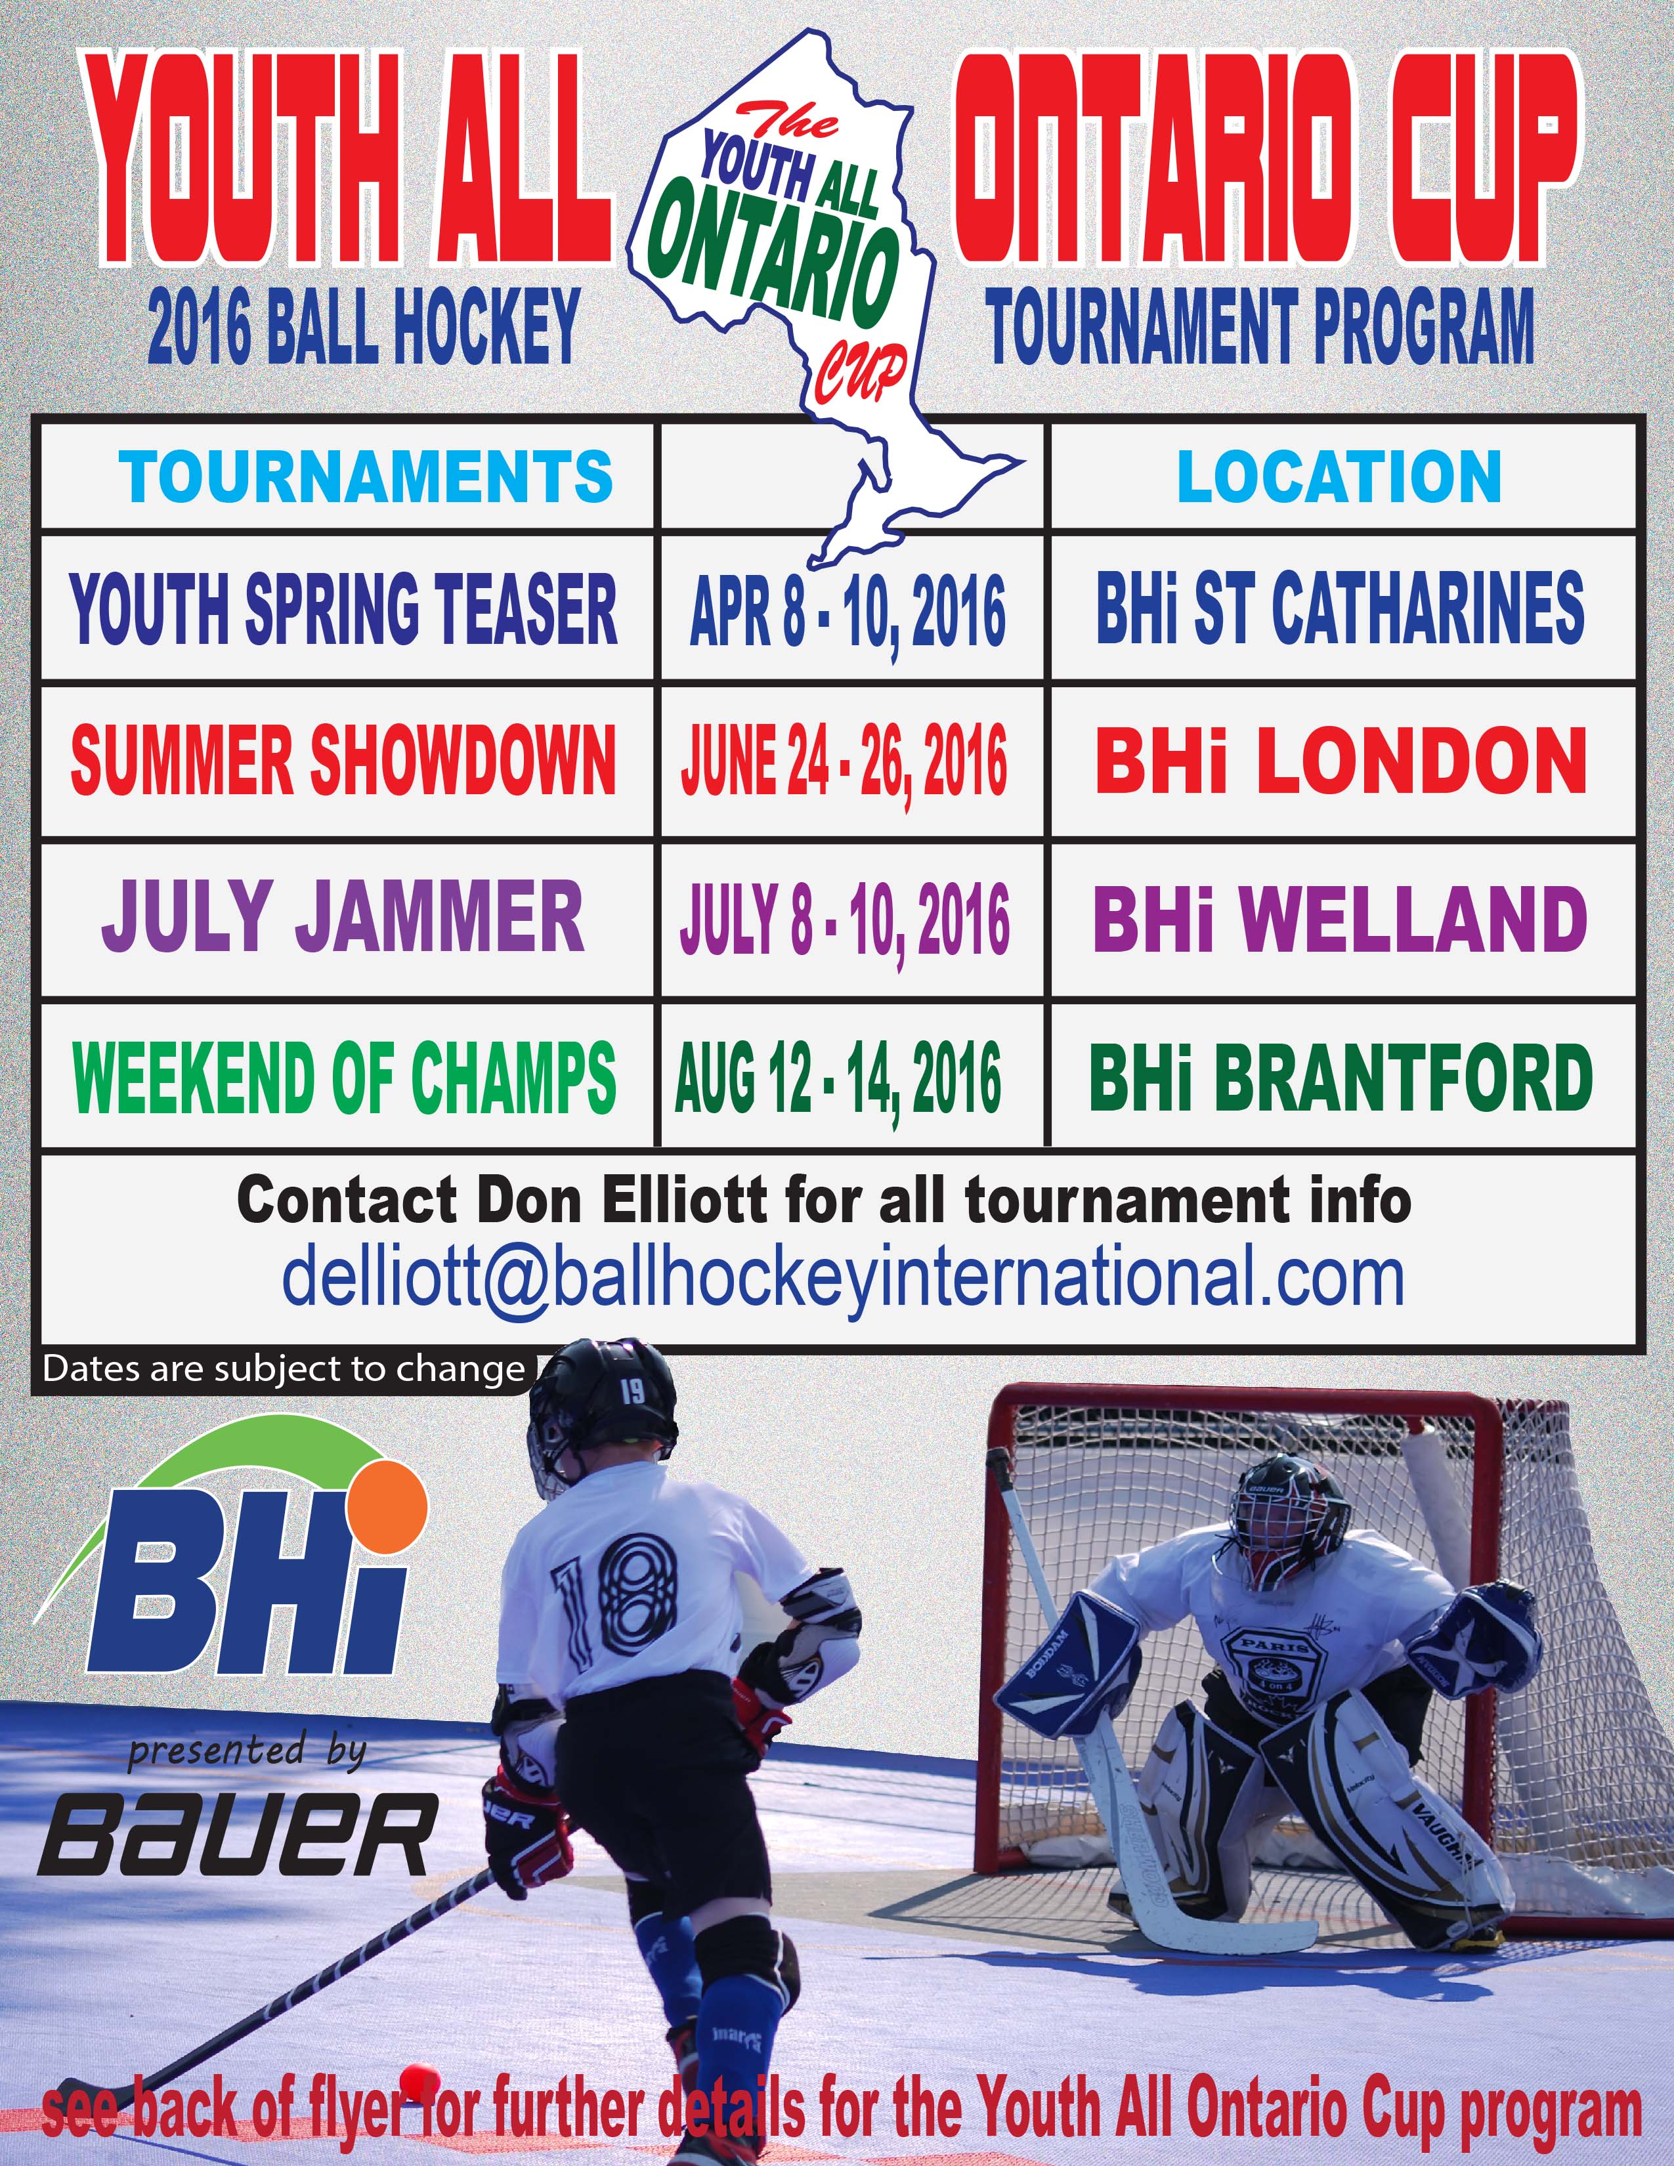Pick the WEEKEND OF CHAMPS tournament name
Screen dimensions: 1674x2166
pyautogui.click(x=344, y=1077)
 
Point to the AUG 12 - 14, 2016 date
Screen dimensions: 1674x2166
pyautogui.click(x=838, y=1079)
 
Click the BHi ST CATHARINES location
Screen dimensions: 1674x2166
pyautogui.click(x=1340, y=608)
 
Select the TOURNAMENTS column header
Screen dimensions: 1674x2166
pyautogui.click(x=366, y=477)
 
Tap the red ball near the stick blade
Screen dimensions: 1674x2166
pyautogui.click(x=419, y=2075)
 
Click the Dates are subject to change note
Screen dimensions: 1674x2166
pyautogui.click(x=284, y=1370)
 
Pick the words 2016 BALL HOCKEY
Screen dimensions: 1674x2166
pyautogui.click(x=364, y=326)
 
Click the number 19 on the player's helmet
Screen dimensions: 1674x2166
pyautogui.click(x=632, y=1391)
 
